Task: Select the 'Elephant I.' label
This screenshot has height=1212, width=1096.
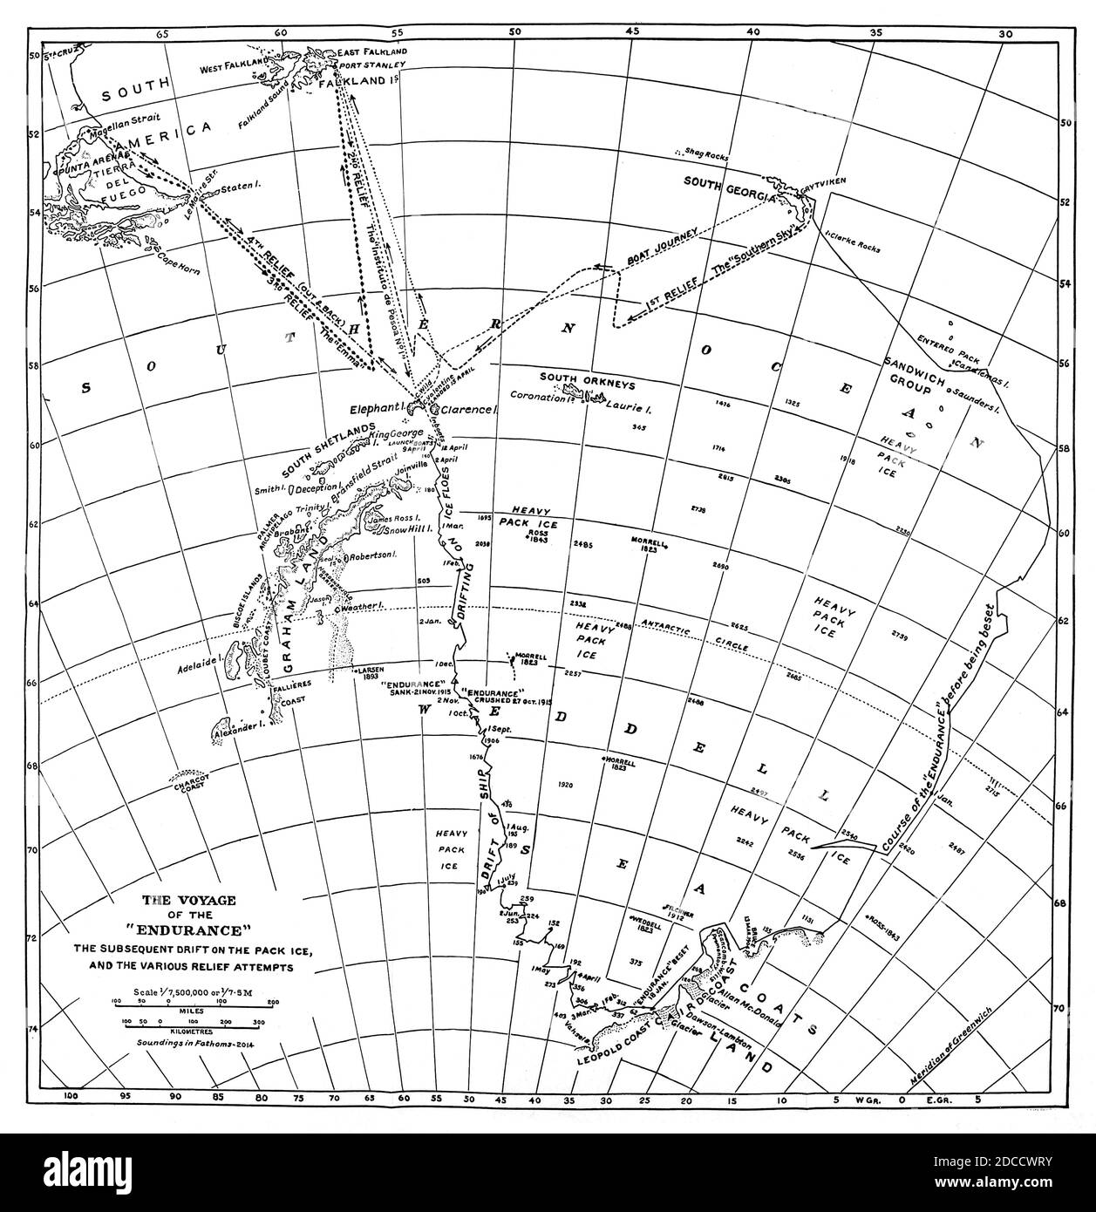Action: pos(375,408)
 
